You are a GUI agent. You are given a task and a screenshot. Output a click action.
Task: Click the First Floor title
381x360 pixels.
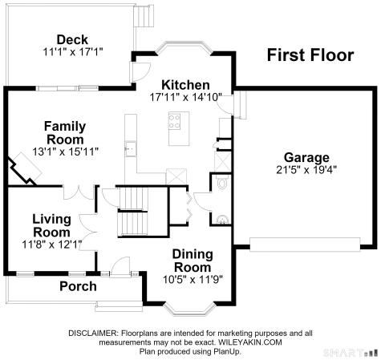pos(310,55)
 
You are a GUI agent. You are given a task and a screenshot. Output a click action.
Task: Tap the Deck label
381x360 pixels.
pos(72,40)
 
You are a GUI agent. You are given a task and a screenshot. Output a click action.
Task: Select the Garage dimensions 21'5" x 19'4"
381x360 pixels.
pos(306,170)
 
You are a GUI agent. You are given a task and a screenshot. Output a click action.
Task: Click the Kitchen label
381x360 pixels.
pos(185,85)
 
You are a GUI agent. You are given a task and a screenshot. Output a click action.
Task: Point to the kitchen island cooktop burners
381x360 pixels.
pos(174,121)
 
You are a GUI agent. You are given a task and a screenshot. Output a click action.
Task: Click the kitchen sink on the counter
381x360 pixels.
pos(131,148)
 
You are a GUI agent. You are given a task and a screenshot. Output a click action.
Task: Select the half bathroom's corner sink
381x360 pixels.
pos(222,220)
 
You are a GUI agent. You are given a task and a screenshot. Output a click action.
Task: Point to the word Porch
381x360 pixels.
pos(78,286)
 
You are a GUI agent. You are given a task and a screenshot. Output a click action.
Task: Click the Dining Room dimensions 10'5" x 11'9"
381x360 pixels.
pos(193,280)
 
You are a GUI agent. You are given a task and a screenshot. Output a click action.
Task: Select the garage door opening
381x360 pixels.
pos(305,245)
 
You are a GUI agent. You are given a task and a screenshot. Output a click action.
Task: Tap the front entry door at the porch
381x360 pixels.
pos(121,265)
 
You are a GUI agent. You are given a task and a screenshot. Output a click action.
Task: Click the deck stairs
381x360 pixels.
pos(144,16)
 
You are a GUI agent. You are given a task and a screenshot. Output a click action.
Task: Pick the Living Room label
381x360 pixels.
pos(52,225)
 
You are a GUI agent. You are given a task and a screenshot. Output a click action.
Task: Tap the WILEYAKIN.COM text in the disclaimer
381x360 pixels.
pos(250,342)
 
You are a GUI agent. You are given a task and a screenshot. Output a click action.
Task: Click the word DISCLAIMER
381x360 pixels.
pos(93,334)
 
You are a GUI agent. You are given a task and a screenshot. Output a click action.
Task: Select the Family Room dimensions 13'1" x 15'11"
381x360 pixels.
pos(66,152)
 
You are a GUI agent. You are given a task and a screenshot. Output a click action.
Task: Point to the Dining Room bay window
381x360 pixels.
pos(189,310)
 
